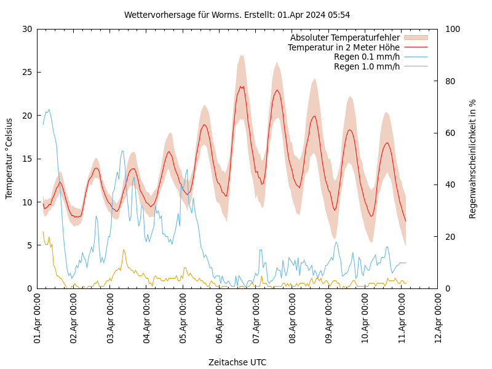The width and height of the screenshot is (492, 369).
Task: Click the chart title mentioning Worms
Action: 237,15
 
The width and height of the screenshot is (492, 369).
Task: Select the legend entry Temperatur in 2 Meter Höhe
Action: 343,47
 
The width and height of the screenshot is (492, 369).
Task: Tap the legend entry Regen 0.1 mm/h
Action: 367,57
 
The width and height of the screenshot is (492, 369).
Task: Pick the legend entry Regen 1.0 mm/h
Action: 367,66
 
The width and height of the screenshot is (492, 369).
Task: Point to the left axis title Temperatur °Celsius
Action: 9,158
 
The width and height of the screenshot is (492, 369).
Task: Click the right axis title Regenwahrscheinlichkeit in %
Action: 473,159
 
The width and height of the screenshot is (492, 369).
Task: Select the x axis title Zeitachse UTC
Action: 237,362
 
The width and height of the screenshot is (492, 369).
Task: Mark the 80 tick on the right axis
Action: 450,81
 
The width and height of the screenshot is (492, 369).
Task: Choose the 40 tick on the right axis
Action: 450,184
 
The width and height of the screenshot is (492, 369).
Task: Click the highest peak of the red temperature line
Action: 242,87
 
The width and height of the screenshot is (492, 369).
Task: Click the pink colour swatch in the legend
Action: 416,38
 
